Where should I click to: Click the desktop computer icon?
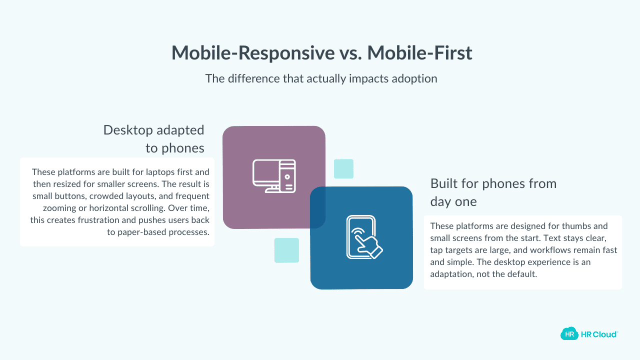pos(273,176)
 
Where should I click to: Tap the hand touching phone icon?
pos(361,237)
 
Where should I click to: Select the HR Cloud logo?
pos(589,333)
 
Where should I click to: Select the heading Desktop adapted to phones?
pos(154,139)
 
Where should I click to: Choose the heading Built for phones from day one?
pos(493,192)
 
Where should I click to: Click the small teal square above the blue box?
pos(343,169)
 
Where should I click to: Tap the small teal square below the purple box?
pos(286,250)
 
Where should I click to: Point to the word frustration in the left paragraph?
pos(111,220)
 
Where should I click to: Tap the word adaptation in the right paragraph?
pos(452,274)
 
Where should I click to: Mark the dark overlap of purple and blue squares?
pos(317,207)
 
